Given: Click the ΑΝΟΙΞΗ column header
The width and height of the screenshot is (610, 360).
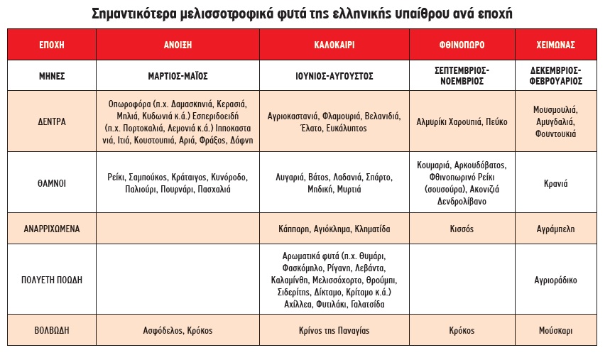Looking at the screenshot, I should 178,45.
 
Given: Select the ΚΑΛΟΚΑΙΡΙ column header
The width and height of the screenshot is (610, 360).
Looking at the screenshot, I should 334,45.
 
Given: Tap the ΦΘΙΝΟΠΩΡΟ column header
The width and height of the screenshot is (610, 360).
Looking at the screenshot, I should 462,45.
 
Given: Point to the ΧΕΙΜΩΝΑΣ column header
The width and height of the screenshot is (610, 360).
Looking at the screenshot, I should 556,45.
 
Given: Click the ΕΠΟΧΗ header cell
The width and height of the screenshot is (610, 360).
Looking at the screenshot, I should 51,45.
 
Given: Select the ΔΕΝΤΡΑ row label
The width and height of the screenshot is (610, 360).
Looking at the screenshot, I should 51,121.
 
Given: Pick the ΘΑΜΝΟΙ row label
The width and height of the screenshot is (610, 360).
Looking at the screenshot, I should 51,182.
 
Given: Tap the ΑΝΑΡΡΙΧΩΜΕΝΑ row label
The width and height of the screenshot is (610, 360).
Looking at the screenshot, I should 51,229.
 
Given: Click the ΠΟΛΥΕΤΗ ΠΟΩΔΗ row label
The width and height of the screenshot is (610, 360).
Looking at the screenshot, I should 51,280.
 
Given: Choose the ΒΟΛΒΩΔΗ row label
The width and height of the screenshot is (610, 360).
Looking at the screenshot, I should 51,330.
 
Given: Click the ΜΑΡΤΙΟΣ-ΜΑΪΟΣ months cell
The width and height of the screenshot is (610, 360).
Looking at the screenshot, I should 178,75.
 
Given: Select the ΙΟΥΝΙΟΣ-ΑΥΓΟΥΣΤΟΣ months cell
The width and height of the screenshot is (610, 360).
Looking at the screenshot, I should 334,75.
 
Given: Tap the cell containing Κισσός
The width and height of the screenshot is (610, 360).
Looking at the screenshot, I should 462,229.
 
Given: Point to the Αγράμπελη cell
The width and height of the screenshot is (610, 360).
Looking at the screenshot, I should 556,229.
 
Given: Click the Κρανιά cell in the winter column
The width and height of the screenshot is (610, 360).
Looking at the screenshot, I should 556,182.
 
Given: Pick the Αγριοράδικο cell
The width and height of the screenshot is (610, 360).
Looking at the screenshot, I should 556,280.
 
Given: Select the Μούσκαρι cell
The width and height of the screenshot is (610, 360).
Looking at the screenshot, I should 556,330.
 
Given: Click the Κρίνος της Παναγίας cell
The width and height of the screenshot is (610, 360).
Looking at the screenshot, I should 334,330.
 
